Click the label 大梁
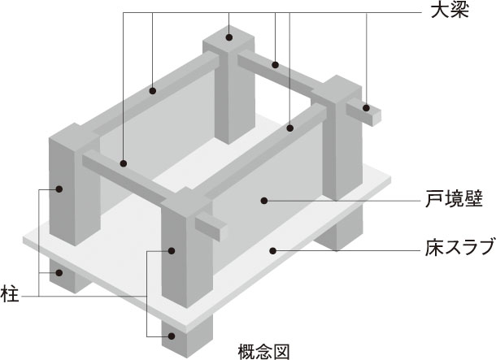point(450,11)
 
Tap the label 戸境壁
point(454,199)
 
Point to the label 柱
point(10,294)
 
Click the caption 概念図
point(263,352)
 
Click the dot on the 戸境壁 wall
point(264,201)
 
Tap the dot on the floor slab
point(273,250)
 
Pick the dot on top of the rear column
point(229,37)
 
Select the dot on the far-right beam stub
point(366,108)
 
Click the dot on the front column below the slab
point(172,336)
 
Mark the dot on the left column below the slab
point(59,272)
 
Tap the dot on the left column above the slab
point(59,189)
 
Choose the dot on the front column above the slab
point(172,250)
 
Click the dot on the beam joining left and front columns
point(124,163)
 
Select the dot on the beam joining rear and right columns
point(275,65)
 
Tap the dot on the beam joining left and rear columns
point(153,91)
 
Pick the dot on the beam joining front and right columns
point(289,128)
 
